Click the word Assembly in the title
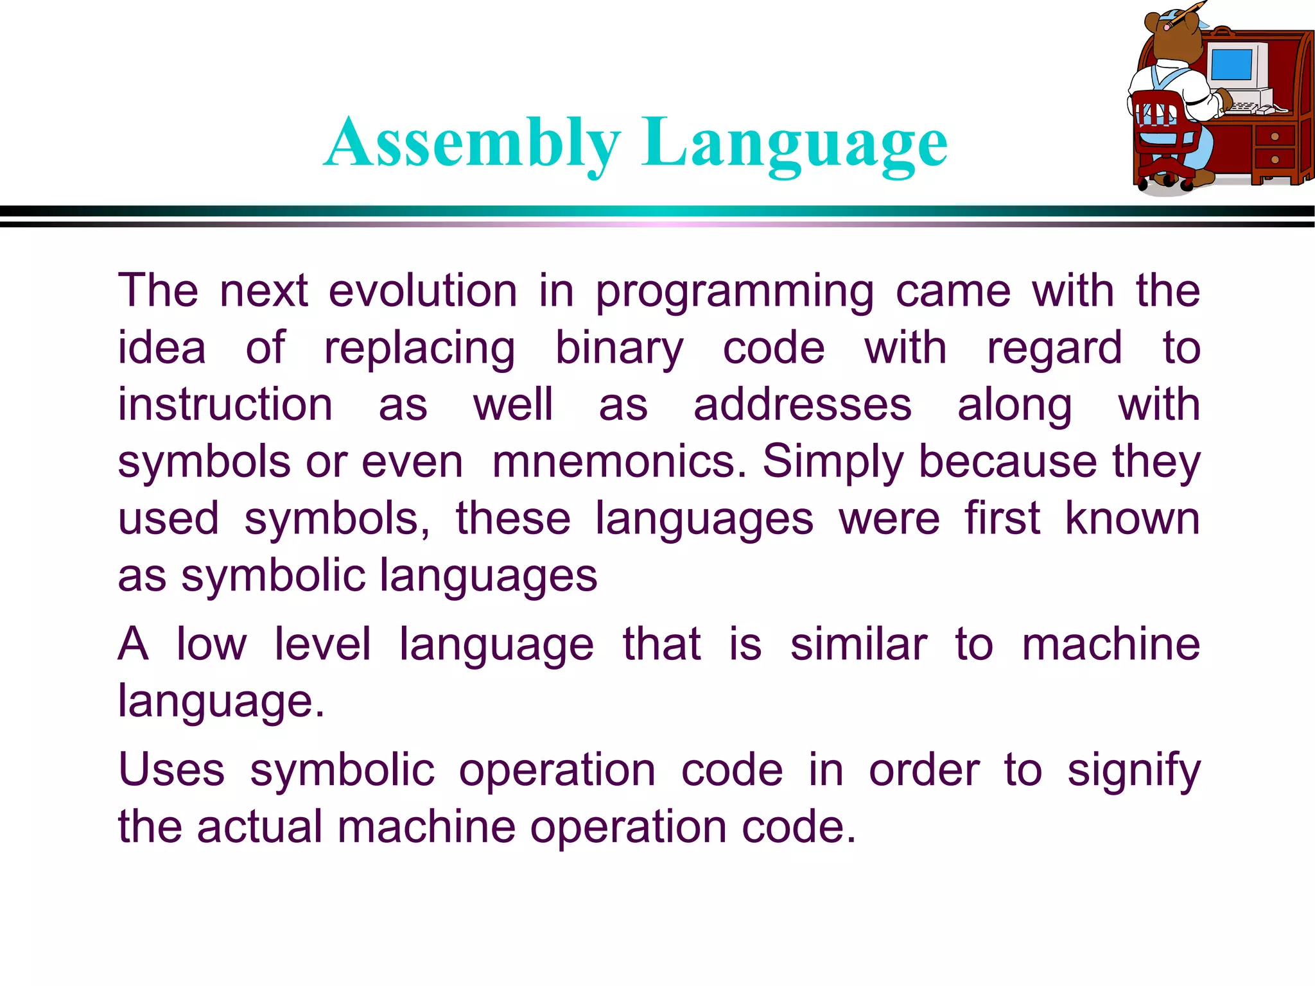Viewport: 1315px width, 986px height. point(473,144)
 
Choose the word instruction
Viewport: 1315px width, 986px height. point(225,405)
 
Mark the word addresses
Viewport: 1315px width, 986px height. point(803,405)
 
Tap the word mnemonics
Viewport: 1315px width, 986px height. point(619,462)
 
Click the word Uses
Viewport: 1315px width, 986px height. point(171,770)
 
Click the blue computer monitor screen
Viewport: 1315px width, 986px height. point(1231,64)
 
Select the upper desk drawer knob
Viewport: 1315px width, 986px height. point(1275,136)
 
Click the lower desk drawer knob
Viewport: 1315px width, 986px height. point(1275,159)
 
